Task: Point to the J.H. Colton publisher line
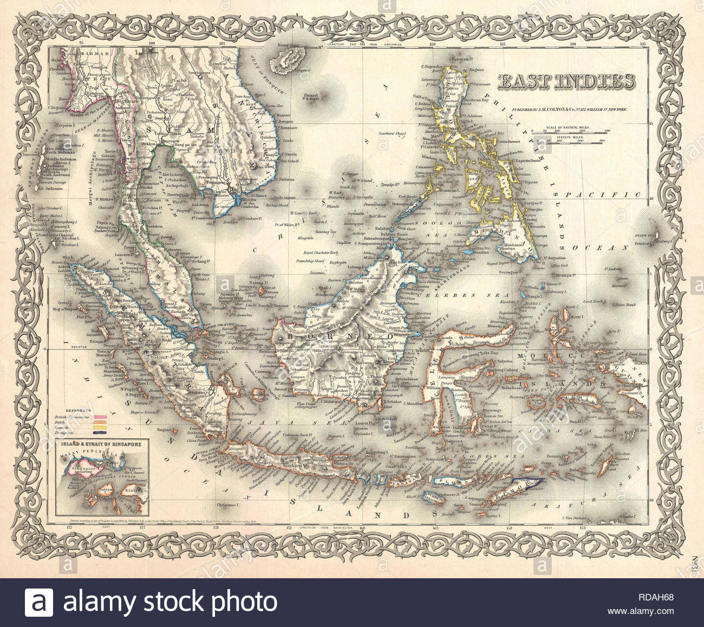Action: (563, 109)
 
